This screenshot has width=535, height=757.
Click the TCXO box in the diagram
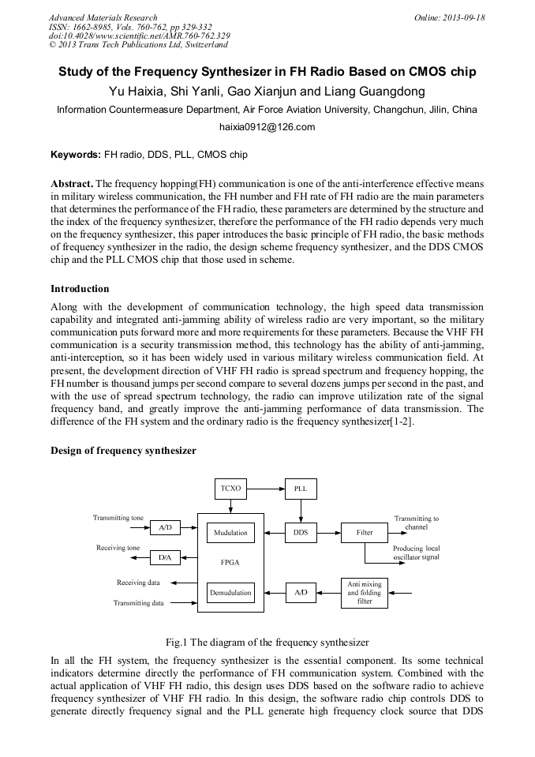[231, 489]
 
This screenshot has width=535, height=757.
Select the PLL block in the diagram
[301, 489]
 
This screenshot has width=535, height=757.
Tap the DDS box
[301, 533]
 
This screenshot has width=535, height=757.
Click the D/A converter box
[165, 558]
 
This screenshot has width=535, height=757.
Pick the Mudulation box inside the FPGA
[230, 533]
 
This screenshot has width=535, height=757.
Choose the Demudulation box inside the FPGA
[230, 592]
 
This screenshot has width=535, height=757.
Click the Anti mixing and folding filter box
[365, 592]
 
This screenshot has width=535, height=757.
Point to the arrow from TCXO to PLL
[266, 489]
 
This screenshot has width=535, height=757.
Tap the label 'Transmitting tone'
[118, 518]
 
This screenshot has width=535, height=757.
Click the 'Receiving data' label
[138, 583]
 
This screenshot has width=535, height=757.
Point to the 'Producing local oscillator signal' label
[416, 553]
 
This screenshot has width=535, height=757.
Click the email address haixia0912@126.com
[267, 127]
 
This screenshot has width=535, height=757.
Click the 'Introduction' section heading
[80, 289]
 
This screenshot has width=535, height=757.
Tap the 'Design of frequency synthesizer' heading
[123, 451]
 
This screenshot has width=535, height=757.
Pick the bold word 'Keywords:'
[76, 155]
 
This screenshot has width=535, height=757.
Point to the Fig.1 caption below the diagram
[267, 643]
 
